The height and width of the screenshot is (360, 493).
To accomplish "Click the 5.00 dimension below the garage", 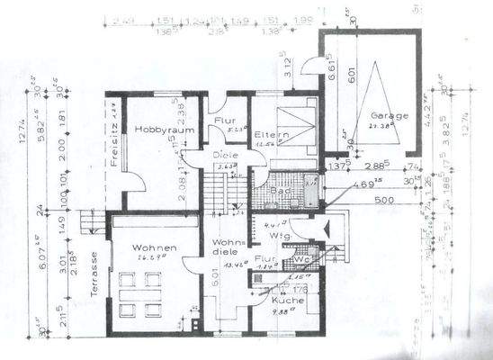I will (384, 199).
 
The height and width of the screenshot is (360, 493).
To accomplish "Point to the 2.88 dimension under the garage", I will (374, 166).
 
